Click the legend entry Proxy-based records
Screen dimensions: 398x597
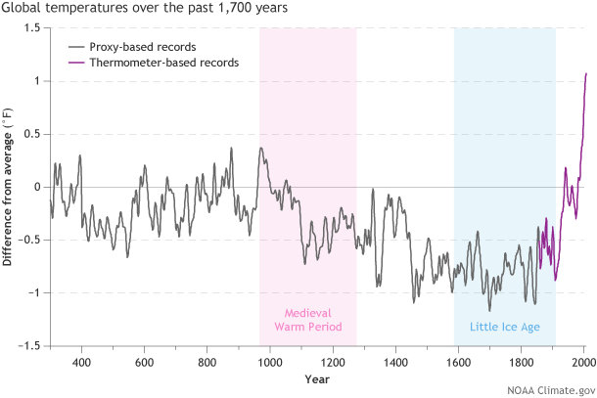click(149, 45)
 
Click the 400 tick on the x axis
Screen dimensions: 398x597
click(82, 361)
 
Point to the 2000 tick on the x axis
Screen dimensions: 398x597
click(583, 361)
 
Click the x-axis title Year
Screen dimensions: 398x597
click(316, 378)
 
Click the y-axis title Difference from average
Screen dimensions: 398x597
click(9, 187)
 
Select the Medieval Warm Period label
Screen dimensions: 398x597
click(308, 319)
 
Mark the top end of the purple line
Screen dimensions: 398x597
click(585, 73)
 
